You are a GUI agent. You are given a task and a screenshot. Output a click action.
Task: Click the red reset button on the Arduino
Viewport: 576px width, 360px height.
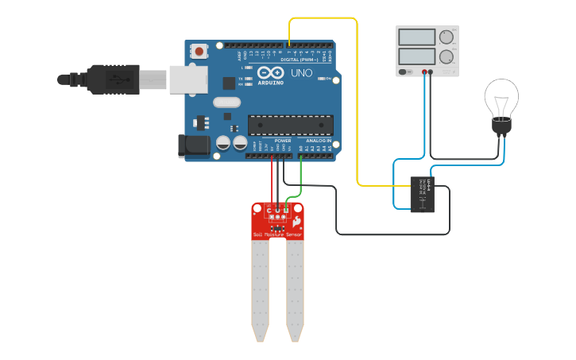tap(199, 51)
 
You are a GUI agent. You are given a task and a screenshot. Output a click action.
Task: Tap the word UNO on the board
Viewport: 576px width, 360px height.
tap(301, 72)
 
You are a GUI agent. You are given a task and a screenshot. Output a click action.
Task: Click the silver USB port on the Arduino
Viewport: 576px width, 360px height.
tap(188, 79)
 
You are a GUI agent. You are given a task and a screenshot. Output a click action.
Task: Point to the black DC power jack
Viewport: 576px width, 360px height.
tap(193, 145)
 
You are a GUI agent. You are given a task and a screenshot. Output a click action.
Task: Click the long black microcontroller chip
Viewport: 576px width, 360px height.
tap(289, 125)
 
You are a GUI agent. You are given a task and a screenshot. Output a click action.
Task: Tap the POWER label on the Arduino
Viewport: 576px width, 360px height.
tap(282, 141)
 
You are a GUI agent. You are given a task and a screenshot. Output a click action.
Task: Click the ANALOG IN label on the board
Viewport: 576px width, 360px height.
tap(319, 141)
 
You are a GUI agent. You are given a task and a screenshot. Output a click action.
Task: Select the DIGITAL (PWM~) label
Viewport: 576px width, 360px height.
tap(299, 60)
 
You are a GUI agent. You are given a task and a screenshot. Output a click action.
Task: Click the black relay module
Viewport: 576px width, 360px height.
tap(423, 195)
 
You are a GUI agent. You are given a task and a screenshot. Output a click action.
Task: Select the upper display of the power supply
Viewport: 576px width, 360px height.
tap(417, 37)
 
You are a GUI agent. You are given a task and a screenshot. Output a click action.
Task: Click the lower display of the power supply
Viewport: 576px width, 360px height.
tap(417, 56)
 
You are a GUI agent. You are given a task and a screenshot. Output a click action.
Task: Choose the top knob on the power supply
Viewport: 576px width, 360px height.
tap(446, 37)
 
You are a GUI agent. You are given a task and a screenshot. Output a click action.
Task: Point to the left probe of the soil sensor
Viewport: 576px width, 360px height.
tap(260, 290)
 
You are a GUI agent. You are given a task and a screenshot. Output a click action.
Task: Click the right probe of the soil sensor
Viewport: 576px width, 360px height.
tap(295, 290)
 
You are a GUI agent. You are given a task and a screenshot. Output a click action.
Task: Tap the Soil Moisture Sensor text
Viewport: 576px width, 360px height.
tap(277, 235)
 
